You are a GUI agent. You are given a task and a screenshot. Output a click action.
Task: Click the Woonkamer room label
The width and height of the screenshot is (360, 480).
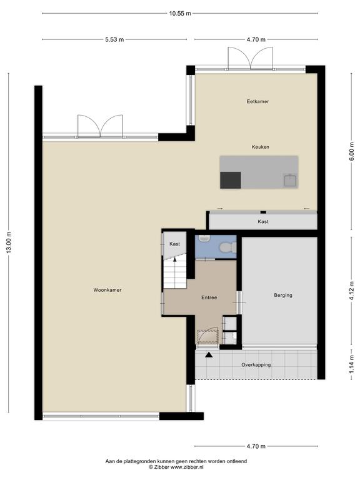coord(107,290)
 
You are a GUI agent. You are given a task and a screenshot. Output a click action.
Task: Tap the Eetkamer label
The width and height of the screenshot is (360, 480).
coord(257,101)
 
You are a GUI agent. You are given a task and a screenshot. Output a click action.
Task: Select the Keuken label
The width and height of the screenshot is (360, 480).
coord(261,147)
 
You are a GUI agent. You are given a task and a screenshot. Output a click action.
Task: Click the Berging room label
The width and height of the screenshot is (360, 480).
coord(283,296)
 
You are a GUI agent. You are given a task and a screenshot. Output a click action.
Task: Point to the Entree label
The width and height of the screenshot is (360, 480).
coord(209,297)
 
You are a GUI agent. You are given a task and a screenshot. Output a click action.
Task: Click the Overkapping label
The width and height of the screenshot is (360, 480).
coord(256,365)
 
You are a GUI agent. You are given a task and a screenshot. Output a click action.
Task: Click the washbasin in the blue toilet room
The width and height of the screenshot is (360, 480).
coord(204,238)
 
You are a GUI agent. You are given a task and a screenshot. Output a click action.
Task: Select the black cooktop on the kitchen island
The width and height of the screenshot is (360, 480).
coord(231,180)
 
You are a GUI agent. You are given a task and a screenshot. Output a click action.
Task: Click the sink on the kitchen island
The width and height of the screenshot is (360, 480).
coord(290,180)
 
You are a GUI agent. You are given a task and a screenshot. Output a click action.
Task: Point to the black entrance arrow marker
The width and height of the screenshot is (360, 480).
coord(209,355)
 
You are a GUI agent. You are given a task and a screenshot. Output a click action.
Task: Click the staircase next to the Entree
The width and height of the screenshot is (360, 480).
coord(175,273)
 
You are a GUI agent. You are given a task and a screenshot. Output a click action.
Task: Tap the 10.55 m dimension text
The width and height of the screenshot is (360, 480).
coord(180,13)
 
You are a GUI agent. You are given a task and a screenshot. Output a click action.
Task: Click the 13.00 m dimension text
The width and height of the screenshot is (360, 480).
coord(9,242)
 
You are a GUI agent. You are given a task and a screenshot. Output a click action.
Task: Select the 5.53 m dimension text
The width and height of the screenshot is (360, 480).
coord(114,39)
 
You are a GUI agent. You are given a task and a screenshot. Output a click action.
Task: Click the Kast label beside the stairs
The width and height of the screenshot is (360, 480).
coord(174,244)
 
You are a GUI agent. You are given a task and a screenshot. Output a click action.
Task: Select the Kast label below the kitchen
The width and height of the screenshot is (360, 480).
coord(263,222)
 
